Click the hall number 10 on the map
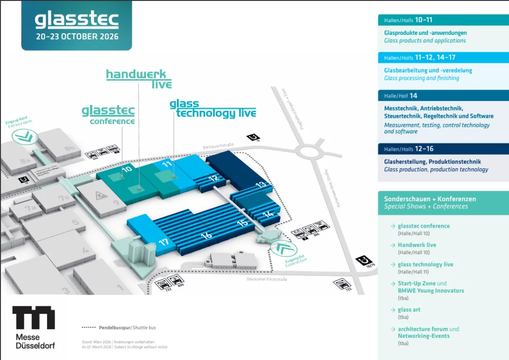(127, 169)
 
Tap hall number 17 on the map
(164, 243)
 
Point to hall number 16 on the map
(206, 235)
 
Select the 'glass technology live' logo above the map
(213, 109)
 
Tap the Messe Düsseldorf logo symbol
(33, 318)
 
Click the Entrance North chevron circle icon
(23, 137)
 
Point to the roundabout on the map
(312, 152)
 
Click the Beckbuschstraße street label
(218, 147)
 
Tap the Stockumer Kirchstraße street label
(266, 279)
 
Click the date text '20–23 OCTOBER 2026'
(76, 36)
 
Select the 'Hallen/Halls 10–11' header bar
(443, 20)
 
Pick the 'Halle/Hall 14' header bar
(443, 96)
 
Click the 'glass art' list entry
(409, 310)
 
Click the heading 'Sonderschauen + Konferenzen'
(430, 199)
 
